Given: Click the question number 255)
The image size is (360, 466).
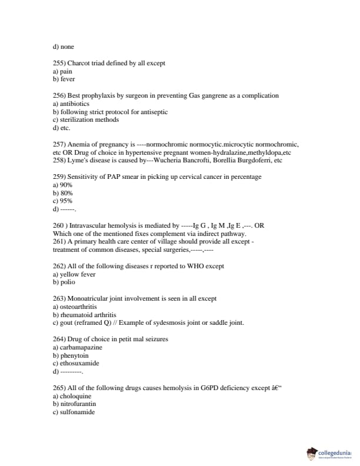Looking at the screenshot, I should (59, 63).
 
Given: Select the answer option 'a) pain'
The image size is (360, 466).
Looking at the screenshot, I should (62, 71).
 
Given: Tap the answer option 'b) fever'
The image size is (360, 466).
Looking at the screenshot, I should (64, 79).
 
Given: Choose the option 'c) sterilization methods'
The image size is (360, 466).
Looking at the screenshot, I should (86, 119).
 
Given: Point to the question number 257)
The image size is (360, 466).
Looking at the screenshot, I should (59, 144).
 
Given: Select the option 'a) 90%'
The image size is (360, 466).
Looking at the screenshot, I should (62, 185).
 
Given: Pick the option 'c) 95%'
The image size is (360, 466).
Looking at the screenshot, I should (62, 201).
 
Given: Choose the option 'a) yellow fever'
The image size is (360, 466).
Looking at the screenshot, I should (74, 274).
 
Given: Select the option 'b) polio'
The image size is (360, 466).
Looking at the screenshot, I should (64, 282).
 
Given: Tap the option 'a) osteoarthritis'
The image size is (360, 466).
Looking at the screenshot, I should (75, 307).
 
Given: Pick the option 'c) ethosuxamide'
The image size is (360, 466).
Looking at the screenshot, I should (75, 364).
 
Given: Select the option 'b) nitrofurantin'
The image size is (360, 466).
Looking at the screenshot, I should (74, 404).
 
